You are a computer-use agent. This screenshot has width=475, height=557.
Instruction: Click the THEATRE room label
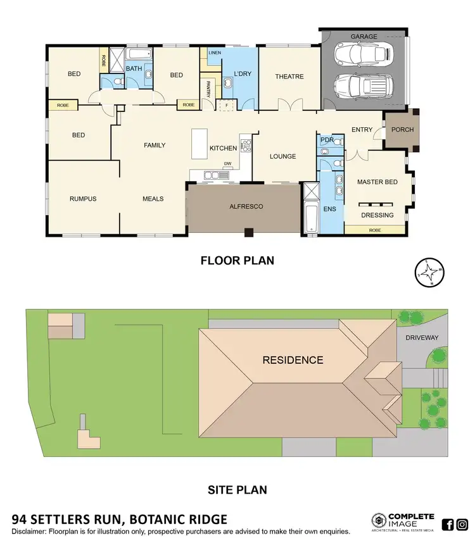pyautogui.click(x=289, y=77)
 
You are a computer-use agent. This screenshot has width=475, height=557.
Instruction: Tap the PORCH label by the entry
pyautogui.click(x=402, y=130)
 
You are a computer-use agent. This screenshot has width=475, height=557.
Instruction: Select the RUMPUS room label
pyautogui.click(x=83, y=199)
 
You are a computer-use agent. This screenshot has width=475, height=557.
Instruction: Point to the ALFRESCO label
pyautogui.click(x=245, y=206)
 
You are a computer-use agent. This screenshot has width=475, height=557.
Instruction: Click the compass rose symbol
pyautogui.click(x=428, y=273)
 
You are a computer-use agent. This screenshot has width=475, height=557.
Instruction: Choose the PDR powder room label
pyautogui.click(x=327, y=140)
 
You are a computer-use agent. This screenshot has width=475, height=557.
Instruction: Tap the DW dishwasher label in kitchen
pyautogui.click(x=226, y=165)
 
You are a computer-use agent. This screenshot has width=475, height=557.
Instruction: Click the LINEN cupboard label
pyautogui.click(x=213, y=53)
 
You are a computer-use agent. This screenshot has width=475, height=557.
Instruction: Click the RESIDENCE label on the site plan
pyautogui.click(x=293, y=360)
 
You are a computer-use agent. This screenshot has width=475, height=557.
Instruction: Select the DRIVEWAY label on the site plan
pyautogui.click(x=422, y=338)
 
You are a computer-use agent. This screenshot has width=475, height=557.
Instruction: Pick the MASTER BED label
pyautogui.click(x=377, y=182)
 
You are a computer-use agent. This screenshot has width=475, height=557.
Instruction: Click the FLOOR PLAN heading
pyautogui.click(x=237, y=260)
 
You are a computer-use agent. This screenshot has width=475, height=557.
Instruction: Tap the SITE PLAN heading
pyautogui.click(x=237, y=489)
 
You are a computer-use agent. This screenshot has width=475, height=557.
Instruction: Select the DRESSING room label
pyautogui.click(x=377, y=215)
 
